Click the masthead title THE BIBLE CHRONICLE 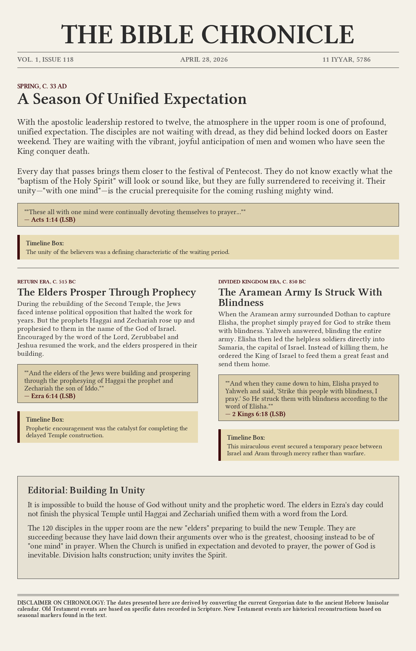(208, 35)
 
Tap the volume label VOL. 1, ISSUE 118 (45, 60)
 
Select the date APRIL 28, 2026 (204, 60)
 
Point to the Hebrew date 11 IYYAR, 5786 (346, 60)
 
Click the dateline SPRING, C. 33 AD (42, 86)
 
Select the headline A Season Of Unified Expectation (132, 99)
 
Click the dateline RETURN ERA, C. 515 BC (46, 282)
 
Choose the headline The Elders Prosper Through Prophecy (106, 292)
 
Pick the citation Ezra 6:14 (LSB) (53, 396)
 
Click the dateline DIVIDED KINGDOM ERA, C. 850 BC (262, 282)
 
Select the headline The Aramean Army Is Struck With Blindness (300, 297)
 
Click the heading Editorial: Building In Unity (86, 490)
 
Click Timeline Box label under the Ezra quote (45, 420)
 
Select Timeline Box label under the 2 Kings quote (246, 438)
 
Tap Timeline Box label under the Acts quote (45, 243)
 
